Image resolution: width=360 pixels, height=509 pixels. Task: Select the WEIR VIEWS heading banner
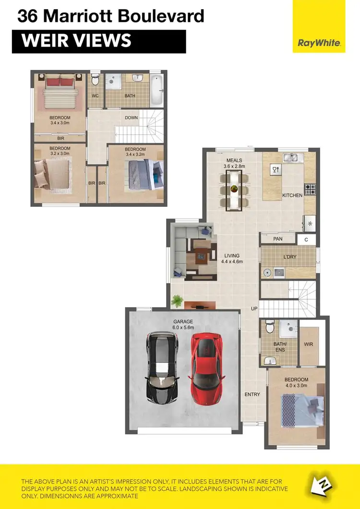[98, 41]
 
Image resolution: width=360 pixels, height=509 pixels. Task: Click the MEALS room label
[234, 160]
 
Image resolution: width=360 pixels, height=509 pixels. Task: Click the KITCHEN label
[292, 195]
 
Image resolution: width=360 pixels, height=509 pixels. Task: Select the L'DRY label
[290, 257]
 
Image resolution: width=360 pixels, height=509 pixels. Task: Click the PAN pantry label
[277, 238]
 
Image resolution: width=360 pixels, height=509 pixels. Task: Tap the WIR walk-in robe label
[309, 344]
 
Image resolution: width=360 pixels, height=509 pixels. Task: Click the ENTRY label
[252, 394]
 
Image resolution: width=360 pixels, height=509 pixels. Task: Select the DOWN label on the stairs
[132, 118]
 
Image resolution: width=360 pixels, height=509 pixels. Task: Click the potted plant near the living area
[177, 301]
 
